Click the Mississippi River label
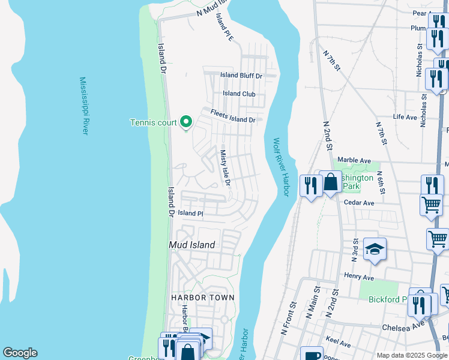tap(85, 106)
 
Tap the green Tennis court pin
tap(186, 122)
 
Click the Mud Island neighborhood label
tap(191, 245)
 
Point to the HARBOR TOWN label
tap(202, 298)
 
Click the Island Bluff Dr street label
tap(241, 76)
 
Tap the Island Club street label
tap(240, 94)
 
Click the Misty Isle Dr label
tap(225, 167)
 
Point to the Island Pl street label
tap(191, 213)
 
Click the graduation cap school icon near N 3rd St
tap(375, 250)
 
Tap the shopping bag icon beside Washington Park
tap(331, 182)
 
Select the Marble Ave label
tap(354, 160)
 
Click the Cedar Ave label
tap(359, 203)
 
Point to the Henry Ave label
tap(359, 277)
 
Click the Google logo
tap(20, 353)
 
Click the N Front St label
tap(289, 318)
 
